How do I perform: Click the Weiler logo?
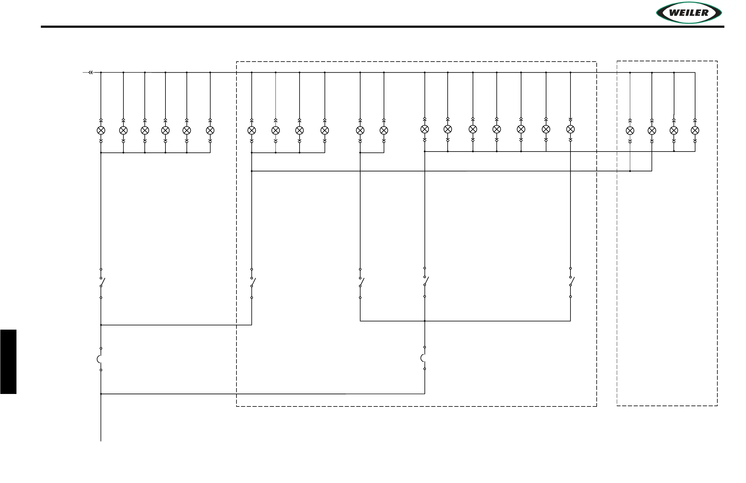click(x=689, y=13)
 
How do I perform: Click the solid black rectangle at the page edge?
click(x=8, y=362)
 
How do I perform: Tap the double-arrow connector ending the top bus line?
click(x=91, y=73)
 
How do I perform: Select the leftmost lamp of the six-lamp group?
click(x=101, y=131)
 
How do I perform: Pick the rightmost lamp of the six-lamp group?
click(x=210, y=131)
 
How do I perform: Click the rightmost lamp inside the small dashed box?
click(x=695, y=131)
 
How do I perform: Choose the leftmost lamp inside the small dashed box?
click(x=630, y=131)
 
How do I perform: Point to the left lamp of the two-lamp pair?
click(x=360, y=131)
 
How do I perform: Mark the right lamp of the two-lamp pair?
click(x=384, y=131)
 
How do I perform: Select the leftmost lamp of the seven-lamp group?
click(x=425, y=129)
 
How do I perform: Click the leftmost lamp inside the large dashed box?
click(x=252, y=131)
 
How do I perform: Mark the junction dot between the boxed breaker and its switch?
click(x=425, y=321)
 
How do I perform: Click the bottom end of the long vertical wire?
click(x=101, y=441)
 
